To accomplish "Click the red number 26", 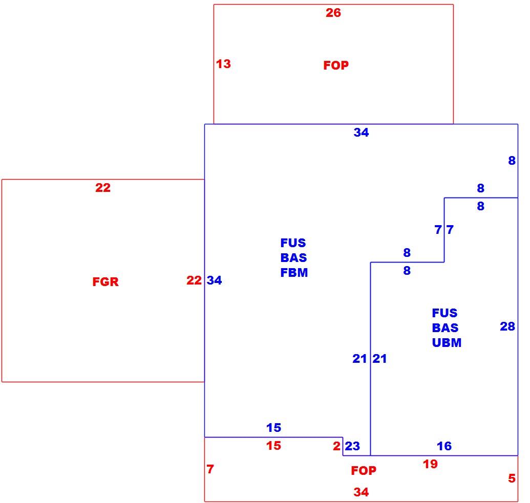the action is click(x=333, y=13).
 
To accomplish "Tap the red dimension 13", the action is click(x=223, y=64).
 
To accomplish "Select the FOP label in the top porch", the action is click(x=336, y=65).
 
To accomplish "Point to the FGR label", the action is click(x=105, y=282).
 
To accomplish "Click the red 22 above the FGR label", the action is click(x=103, y=188).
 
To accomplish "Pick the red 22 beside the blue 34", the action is click(x=194, y=280).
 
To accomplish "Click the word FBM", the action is click(x=294, y=273).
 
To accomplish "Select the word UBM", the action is click(x=447, y=343).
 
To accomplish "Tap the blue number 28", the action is click(x=507, y=326).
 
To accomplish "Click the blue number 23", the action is click(x=352, y=446).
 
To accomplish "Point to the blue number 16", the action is click(x=444, y=446).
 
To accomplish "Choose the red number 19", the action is click(x=430, y=464).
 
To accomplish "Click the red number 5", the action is click(x=512, y=478).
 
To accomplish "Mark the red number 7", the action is click(x=210, y=469).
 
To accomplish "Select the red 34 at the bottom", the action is click(x=361, y=492).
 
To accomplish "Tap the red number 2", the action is click(x=336, y=446).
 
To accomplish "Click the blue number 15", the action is click(x=273, y=428).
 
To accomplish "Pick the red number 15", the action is click(x=273, y=446).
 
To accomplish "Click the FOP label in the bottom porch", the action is click(x=364, y=471).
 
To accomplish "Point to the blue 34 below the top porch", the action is click(x=361, y=133).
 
